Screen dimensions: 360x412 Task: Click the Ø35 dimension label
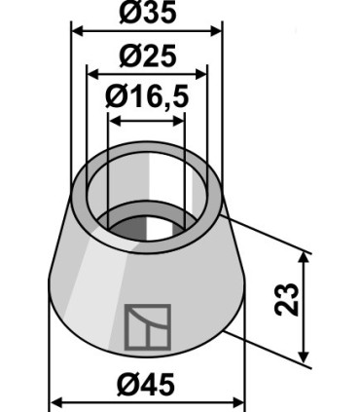coord(148,13)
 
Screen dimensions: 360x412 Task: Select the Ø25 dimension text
coord(148,56)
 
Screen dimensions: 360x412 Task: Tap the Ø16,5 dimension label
coord(147,97)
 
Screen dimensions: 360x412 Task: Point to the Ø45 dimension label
coord(146,385)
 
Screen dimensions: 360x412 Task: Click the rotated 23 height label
coord(286,299)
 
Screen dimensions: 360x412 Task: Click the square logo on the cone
coord(148,327)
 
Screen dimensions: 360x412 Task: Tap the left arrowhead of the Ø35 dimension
coord(77,31)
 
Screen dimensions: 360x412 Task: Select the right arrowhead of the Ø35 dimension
coord(216,31)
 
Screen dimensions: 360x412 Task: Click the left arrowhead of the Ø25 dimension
coord(93,74)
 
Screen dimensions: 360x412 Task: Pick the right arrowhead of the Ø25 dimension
coord(200,74)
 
